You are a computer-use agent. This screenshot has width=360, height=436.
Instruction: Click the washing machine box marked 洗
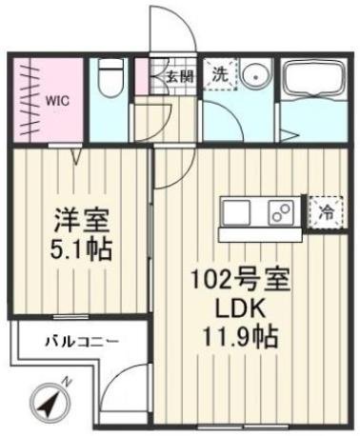pyautogui.click(x=219, y=73)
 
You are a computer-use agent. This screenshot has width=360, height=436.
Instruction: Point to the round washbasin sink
pyautogui.click(x=253, y=79)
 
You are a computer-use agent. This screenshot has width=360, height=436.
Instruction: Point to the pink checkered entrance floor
pyautogui.click(x=146, y=74)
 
